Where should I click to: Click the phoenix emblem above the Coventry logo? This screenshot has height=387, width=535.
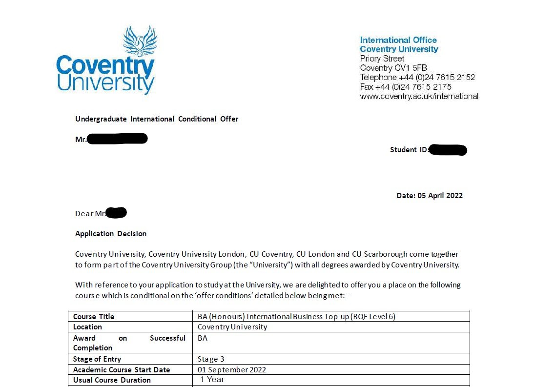point(140,41)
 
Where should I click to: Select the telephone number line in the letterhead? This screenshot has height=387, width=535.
point(417,77)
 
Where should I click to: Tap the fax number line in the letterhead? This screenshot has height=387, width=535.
point(406,87)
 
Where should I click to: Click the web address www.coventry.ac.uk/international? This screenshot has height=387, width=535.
point(419,96)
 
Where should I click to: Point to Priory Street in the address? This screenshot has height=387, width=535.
point(382,59)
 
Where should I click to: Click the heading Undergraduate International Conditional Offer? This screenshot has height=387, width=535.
point(157,119)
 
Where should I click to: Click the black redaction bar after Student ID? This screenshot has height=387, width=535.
point(449,150)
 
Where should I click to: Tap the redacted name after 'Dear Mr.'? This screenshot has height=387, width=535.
point(117,213)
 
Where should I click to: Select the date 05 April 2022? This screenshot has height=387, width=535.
point(440,196)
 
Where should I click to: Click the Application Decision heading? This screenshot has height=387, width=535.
point(111,234)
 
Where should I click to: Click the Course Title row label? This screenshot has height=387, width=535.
point(94,317)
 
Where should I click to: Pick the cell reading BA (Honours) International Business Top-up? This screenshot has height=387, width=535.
point(296,317)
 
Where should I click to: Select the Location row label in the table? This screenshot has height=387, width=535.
point(87,327)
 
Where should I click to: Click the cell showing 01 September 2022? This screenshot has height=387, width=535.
point(232,370)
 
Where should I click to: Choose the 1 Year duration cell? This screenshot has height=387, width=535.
point(213,380)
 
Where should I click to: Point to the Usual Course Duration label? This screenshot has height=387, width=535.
point(112,380)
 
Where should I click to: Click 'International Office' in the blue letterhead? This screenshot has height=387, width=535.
point(398,40)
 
